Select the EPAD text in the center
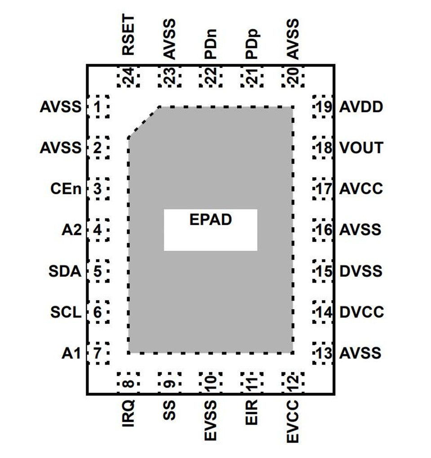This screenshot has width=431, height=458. point(211,220)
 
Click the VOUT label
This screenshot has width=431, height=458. point(361,148)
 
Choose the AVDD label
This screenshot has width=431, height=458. point(361,107)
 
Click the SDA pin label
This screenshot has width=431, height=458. point(65,271)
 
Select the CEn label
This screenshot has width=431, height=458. point(66,189)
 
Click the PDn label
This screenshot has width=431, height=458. point(211,44)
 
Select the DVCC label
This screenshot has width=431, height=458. point(361,312)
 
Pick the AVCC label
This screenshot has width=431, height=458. point(361,188)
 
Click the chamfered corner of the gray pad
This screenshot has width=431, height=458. point(144,122)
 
